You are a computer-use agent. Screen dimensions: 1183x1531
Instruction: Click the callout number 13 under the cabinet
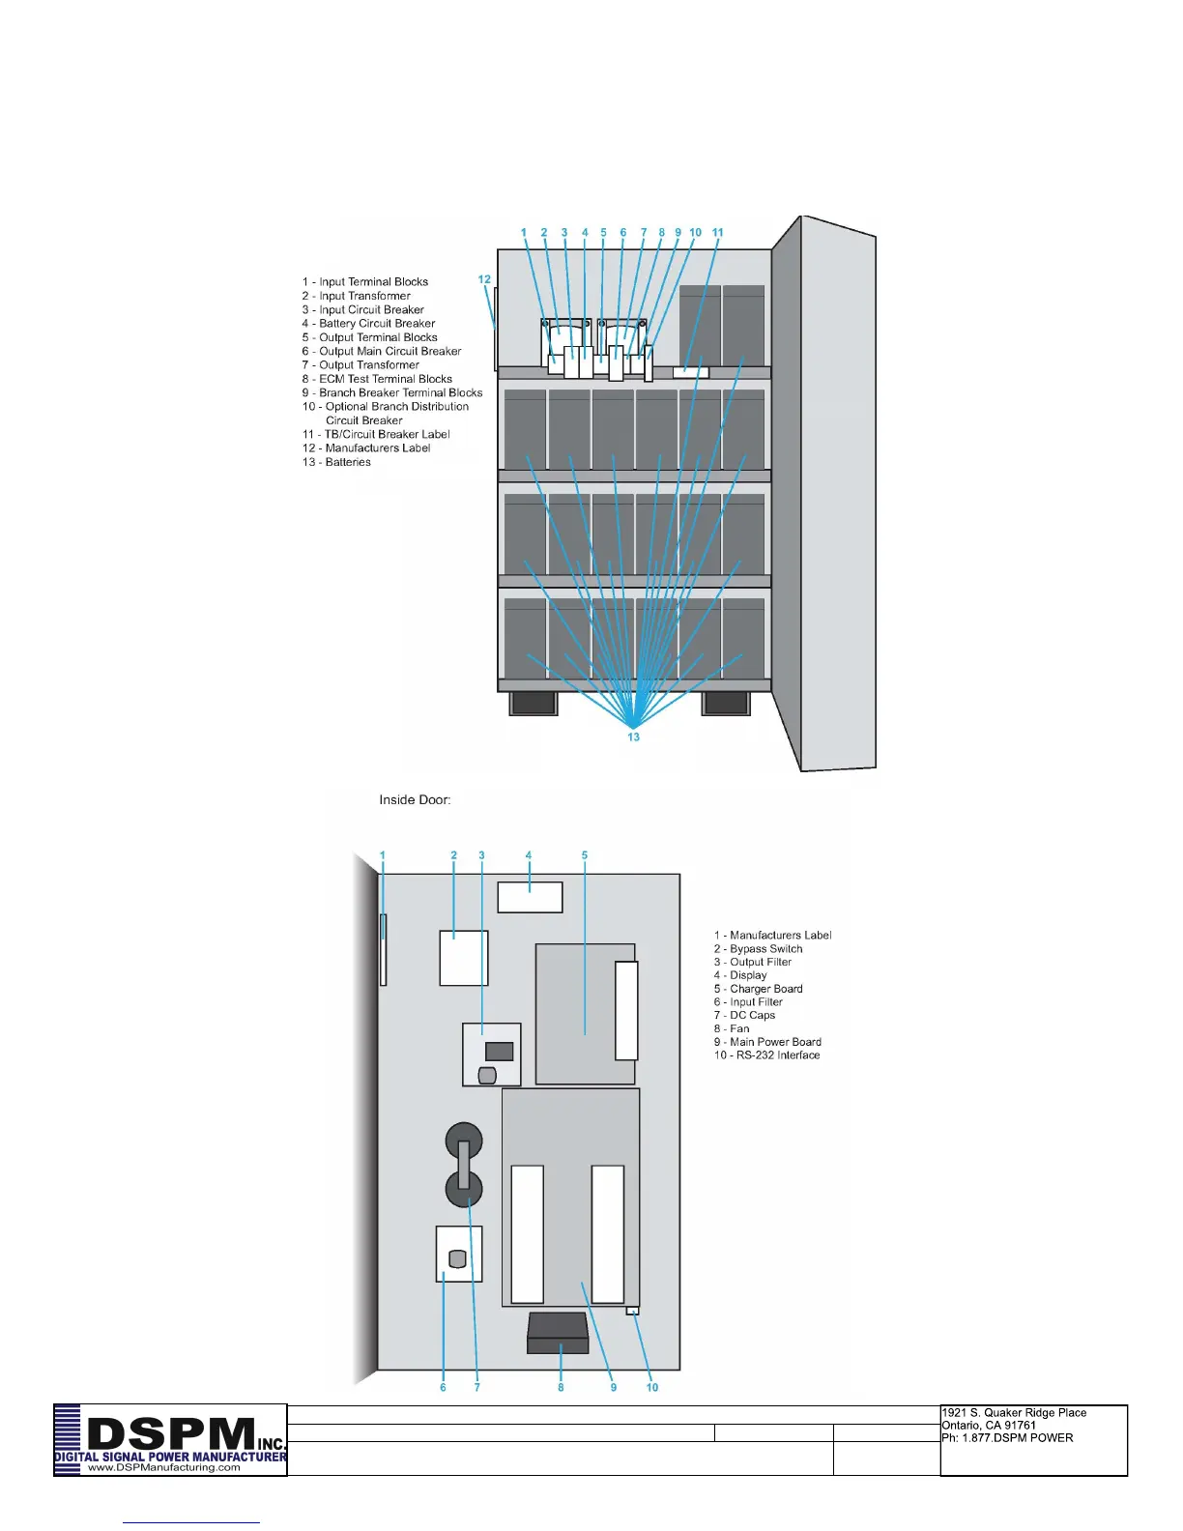pyautogui.click(x=634, y=737)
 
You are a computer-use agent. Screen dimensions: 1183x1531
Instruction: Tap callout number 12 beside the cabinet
pyautogui.click(x=484, y=279)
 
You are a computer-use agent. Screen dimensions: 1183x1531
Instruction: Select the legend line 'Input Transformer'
pyautogui.click(x=364, y=296)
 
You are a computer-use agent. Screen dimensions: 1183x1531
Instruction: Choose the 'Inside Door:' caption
pyautogui.click(x=415, y=800)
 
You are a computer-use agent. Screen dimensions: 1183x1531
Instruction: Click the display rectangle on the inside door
pyautogui.click(x=530, y=897)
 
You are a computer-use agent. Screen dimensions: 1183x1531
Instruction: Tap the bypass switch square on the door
pyautogui.click(x=464, y=958)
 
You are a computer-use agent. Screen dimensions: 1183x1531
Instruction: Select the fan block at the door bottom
pyautogui.click(x=559, y=1334)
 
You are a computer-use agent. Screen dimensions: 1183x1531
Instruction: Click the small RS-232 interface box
pyautogui.click(x=632, y=1312)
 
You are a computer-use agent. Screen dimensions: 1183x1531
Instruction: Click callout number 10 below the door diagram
pyautogui.click(x=652, y=1388)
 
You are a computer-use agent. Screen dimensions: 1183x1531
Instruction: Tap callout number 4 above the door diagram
pyautogui.click(x=529, y=855)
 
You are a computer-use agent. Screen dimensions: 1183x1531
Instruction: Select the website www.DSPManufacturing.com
pyautogui.click(x=164, y=1467)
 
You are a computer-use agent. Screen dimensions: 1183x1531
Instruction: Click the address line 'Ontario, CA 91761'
pyautogui.click(x=988, y=1426)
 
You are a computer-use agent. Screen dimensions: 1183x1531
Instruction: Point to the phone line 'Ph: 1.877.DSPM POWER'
pyautogui.click(x=1007, y=1438)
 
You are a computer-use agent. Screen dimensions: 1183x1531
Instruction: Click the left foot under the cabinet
pyautogui.click(x=533, y=703)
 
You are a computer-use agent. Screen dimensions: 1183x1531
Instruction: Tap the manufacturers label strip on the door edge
pyautogui.click(x=384, y=950)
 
